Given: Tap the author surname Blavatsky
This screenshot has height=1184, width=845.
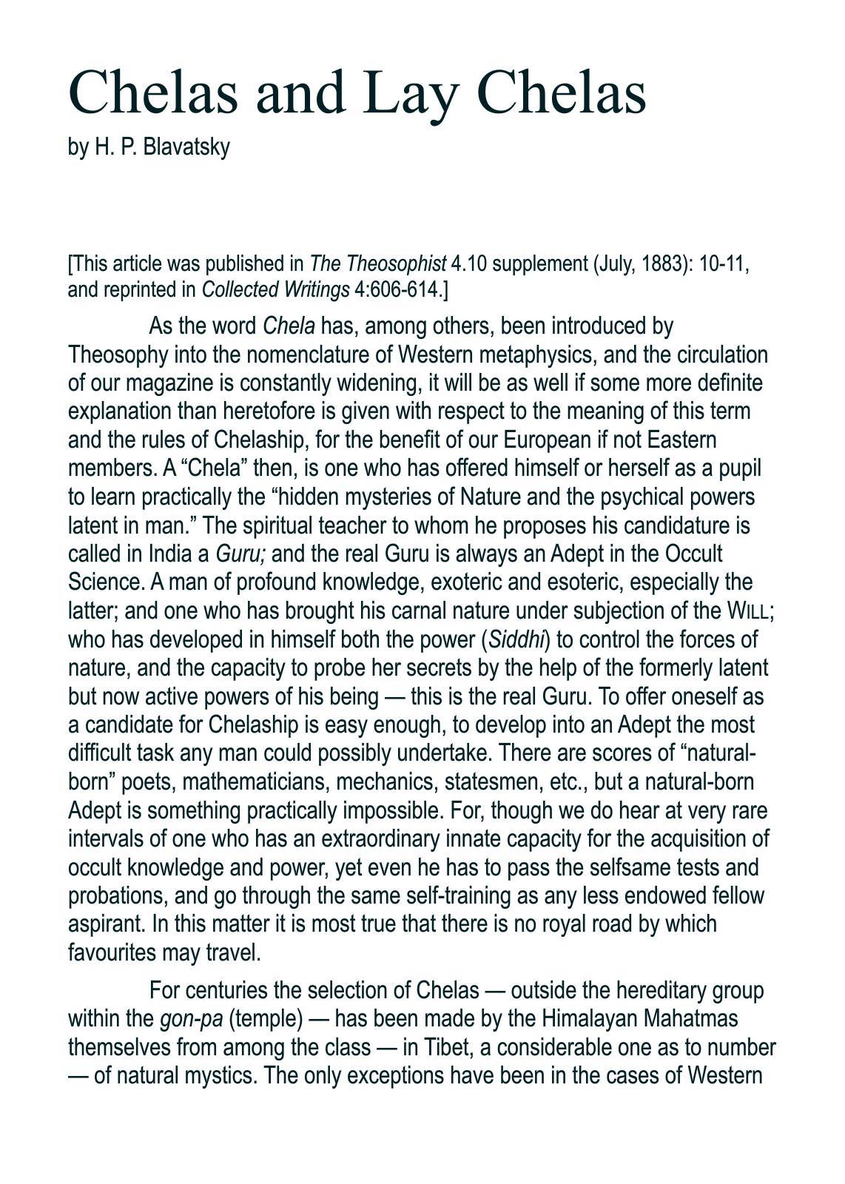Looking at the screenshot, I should coord(186,147).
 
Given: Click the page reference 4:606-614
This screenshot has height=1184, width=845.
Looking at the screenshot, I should coord(400,289).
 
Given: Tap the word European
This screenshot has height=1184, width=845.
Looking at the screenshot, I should coord(548,440).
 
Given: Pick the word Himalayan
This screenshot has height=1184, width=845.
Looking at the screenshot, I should coord(589,1019).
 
